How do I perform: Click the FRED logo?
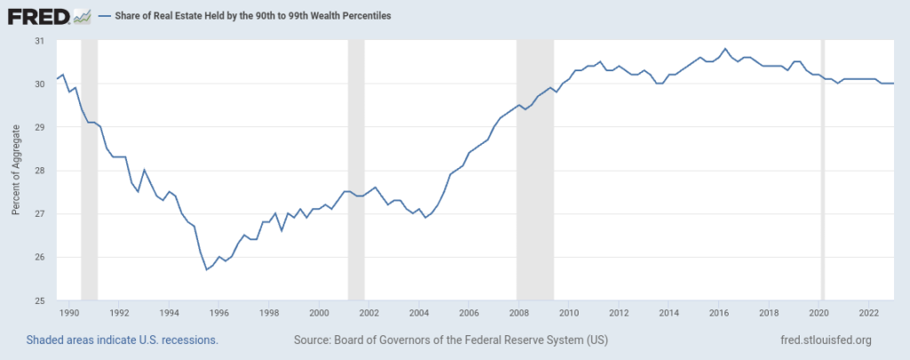[49, 16]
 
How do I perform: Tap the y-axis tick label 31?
[39, 41]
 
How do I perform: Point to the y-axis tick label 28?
[39, 171]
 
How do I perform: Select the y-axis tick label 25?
[39, 300]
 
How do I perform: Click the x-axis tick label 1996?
[220, 313]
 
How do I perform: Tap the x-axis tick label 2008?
[519, 313]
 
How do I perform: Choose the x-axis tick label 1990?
[70, 313]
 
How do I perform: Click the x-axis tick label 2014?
[669, 313]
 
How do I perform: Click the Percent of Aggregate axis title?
[15, 171]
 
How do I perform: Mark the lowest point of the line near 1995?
[207, 269]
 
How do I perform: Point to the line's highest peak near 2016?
[725, 49]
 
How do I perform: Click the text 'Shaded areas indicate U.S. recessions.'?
[123, 340]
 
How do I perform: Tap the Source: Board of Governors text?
[450, 340]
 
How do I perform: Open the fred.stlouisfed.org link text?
[824, 340]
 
